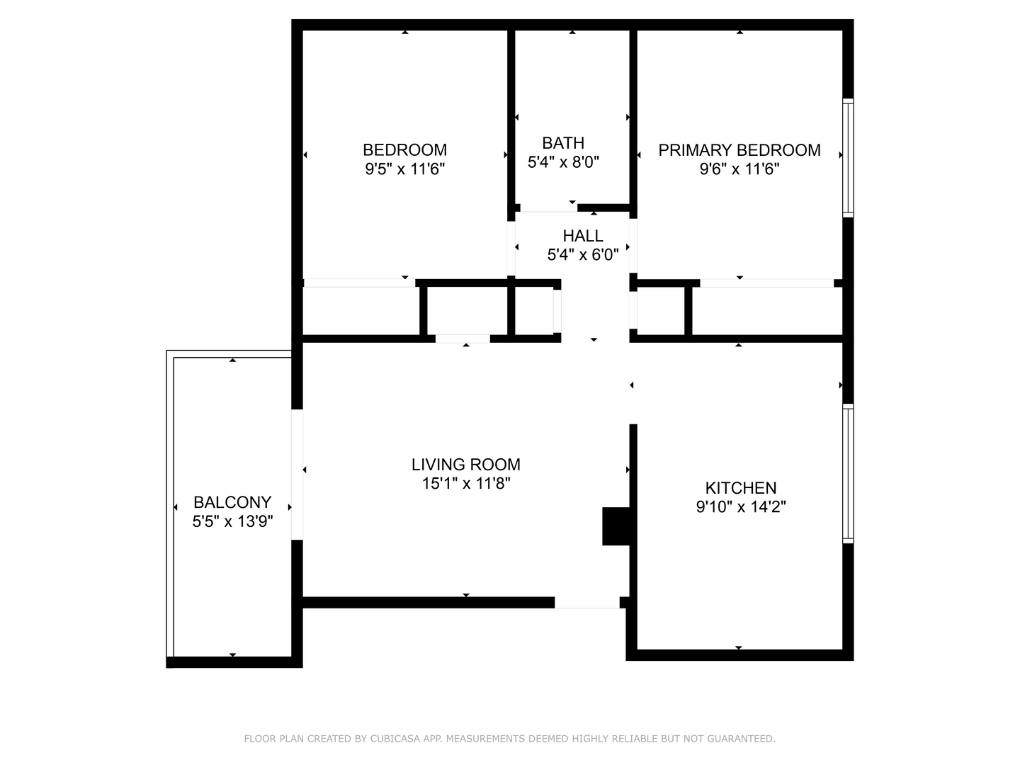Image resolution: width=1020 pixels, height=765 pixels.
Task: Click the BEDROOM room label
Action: (x=404, y=150)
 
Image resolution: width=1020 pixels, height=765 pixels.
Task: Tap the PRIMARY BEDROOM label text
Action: (x=739, y=150)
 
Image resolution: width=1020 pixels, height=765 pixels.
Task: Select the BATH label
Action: (x=563, y=143)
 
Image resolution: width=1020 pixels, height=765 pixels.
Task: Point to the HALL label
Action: (x=583, y=236)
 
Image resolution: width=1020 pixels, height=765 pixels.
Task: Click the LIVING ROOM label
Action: (x=465, y=465)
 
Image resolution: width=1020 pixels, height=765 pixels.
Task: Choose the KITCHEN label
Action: (x=741, y=488)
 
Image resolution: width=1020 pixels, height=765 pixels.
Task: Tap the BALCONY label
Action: (x=232, y=503)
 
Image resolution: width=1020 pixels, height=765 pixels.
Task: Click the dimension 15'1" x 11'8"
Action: (x=465, y=484)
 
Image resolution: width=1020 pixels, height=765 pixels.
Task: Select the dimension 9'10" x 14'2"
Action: (x=741, y=507)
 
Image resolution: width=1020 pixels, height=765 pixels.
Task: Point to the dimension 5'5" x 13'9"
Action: (x=232, y=522)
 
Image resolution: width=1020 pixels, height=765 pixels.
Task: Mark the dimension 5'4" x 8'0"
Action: (x=563, y=162)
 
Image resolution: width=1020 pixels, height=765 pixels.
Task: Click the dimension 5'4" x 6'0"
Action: (x=583, y=255)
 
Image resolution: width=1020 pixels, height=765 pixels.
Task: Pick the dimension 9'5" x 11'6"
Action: (x=404, y=169)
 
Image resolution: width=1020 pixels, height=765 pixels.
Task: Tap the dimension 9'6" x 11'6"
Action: (x=739, y=169)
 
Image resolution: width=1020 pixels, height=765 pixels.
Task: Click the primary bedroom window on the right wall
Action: (x=847, y=157)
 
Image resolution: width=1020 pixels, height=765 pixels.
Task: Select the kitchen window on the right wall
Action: (x=847, y=473)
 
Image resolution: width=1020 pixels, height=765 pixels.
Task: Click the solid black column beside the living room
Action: (x=615, y=526)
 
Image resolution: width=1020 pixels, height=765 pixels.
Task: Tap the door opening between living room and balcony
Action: (x=297, y=475)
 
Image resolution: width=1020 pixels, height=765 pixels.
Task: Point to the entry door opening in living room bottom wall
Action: (x=586, y=603)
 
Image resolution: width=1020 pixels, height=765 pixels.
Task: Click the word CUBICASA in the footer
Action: (x=394, y=739)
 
